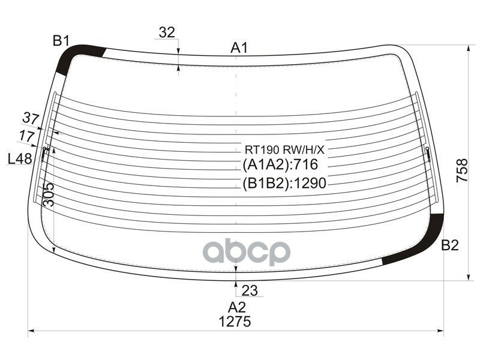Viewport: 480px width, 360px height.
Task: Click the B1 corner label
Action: tap(61, 41)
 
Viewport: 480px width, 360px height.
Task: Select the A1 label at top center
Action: tap(239, 48)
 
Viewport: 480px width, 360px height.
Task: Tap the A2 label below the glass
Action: tap(237, 307)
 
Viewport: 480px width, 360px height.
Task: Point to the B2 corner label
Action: tap(449, 245)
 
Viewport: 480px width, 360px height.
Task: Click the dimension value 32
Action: tap(167, 32)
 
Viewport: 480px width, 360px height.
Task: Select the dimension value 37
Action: tap(31, 118)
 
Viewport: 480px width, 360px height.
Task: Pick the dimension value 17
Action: tap(26, 136)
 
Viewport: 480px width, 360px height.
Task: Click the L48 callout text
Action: tap(20, 159)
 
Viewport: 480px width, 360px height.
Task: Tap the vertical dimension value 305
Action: tap(49, 194)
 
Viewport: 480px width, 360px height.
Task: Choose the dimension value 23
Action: tap(250, 290)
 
